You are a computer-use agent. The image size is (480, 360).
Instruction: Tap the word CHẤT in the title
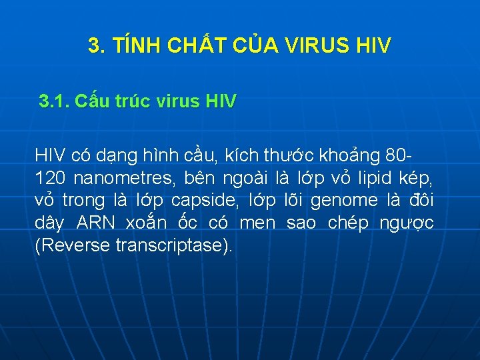[x=190, y=46]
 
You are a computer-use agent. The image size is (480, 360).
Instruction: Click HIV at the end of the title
[x=375, y=46]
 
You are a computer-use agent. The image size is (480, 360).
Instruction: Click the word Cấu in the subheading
[x=91, y=102]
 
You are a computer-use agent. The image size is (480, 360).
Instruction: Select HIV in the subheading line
[x=221, y=102]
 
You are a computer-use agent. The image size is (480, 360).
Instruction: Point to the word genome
[x=345, y=201]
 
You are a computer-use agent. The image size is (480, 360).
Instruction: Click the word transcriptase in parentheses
[x=171, y=245]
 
